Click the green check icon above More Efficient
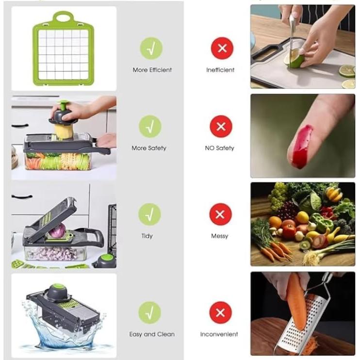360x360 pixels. pos(151,48)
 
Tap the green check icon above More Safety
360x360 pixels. pos(150,127)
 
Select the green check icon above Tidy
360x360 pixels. pos(150,214)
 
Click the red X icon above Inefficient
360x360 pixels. pos(222,48)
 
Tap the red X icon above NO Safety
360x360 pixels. pos(221,127)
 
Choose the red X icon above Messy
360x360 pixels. pos(220,214)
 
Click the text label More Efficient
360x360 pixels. pos(152,70)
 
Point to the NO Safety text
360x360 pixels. pos(219,148)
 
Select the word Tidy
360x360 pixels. pos(147,236)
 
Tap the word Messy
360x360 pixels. pos(219,236)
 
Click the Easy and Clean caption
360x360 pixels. pos(152,334)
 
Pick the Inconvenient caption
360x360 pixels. pos(219,334)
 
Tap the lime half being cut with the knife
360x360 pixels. pos(295,61)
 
